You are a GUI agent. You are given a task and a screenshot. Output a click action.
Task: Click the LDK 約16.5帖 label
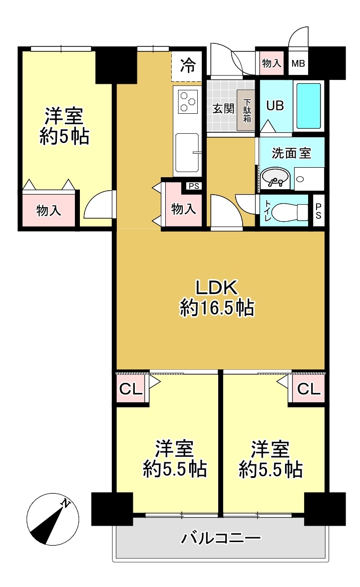coord(217,298)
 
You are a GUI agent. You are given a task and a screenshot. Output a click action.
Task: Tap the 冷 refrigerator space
coord(188,66)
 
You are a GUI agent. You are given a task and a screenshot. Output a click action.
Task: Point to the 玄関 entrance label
coord(223,109)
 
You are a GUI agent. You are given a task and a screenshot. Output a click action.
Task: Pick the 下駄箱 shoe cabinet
coord(247,110)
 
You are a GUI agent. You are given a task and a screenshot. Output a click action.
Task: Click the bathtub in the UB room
coord(309,106)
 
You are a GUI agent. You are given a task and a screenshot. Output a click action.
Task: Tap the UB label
coord(275,106)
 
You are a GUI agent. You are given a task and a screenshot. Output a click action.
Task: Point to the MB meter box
coord(298,63)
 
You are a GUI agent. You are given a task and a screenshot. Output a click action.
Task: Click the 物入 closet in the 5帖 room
coord(48,211)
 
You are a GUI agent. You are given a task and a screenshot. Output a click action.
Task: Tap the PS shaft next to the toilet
coord(319,211)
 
